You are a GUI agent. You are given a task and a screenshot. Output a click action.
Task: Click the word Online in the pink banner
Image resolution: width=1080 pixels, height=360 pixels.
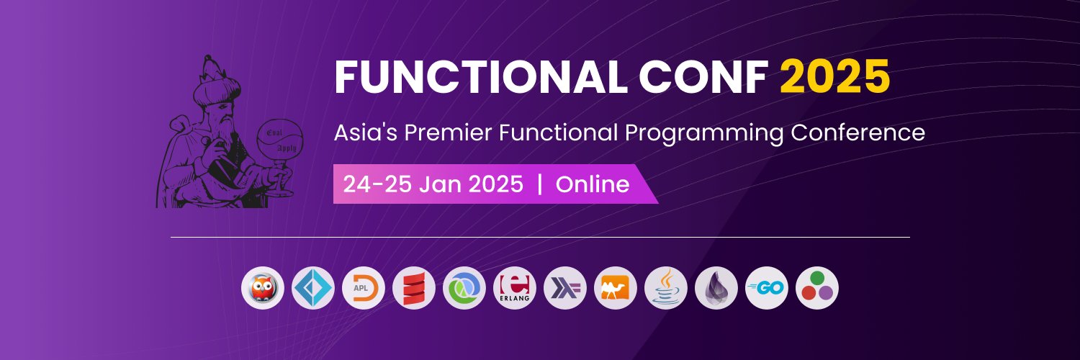[593, 184]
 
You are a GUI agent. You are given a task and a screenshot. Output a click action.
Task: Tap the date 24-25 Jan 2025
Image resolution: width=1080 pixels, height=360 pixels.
[433, 184]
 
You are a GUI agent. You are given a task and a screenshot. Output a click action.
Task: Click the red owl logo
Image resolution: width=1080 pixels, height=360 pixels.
[263, 288]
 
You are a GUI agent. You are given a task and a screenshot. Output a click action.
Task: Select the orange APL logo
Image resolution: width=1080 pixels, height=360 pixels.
[364, 288]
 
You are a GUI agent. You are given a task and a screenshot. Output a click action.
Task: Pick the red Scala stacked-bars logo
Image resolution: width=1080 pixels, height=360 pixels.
[414, 288]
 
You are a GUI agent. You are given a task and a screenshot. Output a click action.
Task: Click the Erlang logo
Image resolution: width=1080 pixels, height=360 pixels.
[515, 288]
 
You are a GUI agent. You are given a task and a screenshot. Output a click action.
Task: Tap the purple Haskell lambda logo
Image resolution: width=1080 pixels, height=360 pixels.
[565, 288]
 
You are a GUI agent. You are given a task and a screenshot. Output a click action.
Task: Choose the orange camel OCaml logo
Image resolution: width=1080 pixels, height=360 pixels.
[616, 288]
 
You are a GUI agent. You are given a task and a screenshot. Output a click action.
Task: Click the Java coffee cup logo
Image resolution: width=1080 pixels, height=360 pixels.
[666, 288]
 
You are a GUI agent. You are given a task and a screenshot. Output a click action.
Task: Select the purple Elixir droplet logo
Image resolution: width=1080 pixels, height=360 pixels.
[716, 288]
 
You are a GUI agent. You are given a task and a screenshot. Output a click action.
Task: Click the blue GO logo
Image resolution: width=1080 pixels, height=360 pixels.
[767, 288]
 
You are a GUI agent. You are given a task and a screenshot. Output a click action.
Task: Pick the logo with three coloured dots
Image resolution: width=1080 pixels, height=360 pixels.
[817, 288]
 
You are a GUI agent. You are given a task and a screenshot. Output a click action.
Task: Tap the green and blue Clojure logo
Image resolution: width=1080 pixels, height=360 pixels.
[464, 288]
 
